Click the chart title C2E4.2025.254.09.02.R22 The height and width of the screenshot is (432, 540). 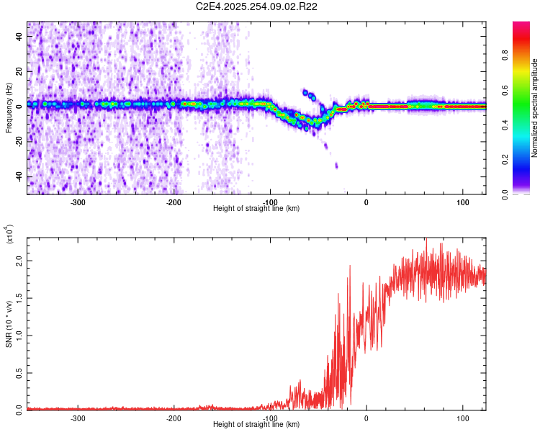coord(257,6)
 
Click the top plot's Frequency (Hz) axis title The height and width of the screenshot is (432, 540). coord(9,107)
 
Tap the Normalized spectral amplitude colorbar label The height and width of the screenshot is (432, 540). coord(534,107)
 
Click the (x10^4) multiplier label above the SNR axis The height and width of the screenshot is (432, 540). coord(9,235)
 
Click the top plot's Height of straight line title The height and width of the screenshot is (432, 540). coord(256,209)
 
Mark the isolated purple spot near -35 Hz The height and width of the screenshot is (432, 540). coord(336,166)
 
